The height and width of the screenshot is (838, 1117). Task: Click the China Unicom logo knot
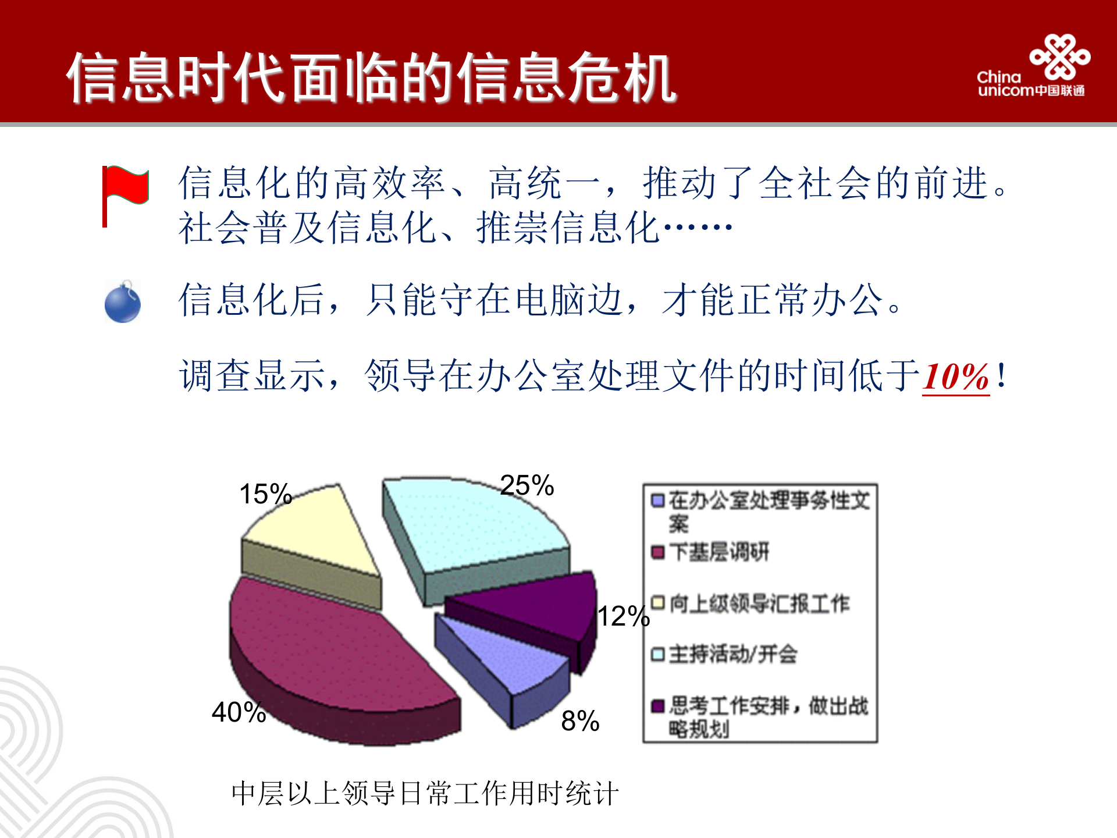click(x=1059, y=56)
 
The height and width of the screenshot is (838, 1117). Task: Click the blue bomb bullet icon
click(x=123, y=302)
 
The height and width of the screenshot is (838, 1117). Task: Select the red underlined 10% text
click(x=956, y=377)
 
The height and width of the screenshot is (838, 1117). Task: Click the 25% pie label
click(x=527, y=485)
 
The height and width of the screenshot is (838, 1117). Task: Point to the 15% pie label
click(x=265, y=494)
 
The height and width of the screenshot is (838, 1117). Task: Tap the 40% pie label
click(x=239, y=712)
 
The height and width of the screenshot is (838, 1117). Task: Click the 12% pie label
click(x=623, y=616)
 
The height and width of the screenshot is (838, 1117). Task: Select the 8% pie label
click(x=580, y=721)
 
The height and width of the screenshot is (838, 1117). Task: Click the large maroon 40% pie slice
click(x=332, y=646)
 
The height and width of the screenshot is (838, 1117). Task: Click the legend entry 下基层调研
click(x=719, y=552)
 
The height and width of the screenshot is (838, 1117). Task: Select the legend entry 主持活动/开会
click(x=732, y=654)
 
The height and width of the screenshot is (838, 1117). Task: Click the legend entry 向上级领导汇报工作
click(x=759, y=603)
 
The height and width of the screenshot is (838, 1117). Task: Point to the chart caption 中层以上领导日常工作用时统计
click(x=425, y=793)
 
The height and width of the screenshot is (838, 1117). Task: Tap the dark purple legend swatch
click(x=658, y=706)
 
